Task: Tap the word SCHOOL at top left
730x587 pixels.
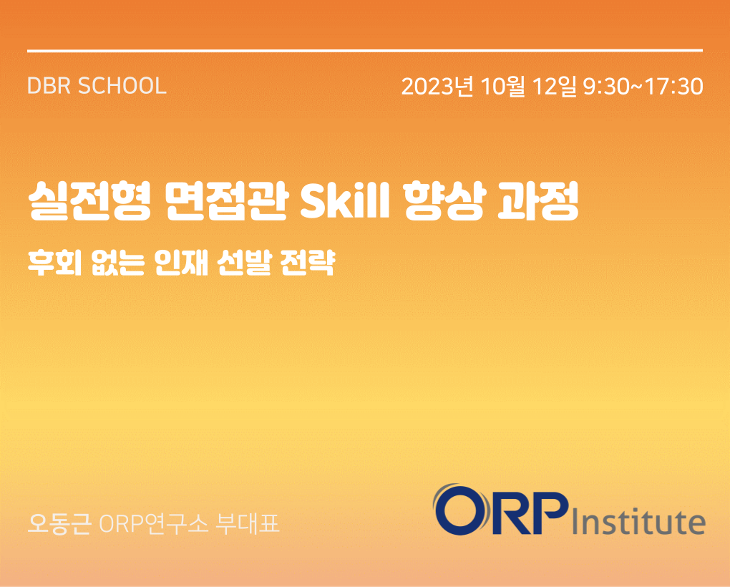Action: [x=122, y=86]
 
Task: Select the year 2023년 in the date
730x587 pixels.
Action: [x=437, y=86]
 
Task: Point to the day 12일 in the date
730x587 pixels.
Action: [x=554, y=86]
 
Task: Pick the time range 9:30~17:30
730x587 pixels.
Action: [x=643, y=87]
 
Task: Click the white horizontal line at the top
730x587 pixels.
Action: [x=365, y=50]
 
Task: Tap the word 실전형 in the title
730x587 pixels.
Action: [x=90, y=200]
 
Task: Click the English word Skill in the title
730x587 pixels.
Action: [x=345, y=200]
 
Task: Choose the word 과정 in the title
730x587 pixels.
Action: [x=537, y=200]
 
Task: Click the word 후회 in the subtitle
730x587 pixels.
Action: [x=55, y=263]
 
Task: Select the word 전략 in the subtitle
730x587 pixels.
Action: [x=308, y=263]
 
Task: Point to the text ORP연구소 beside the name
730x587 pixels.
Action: [x=154, y=524]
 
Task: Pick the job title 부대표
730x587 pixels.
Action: [x=248, y=524]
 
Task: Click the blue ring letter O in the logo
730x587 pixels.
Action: [x=462, y=510]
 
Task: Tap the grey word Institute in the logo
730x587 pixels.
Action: [x=638, y=521]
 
